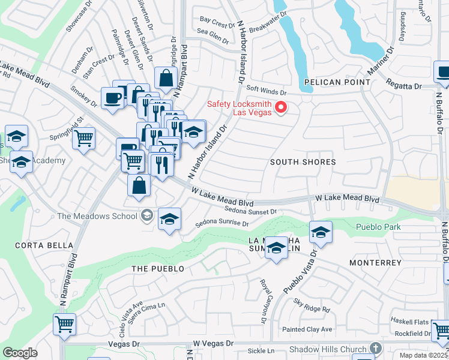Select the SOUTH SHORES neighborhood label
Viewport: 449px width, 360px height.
[x=303, y=162]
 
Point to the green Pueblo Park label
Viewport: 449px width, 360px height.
[x=378, y=227]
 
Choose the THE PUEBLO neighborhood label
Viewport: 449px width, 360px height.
[x=158, y=269]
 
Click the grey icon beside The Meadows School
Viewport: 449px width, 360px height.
[x=146, y=216]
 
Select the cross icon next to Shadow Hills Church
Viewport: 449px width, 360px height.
[x=375, y=349]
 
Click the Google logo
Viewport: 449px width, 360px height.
[x=20, y=353]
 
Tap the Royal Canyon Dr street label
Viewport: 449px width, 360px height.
[x=262, y=293]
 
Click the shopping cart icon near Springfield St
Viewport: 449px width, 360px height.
[x=84, y=138]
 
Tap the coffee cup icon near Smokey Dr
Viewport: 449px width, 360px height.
[x=112, y=98]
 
